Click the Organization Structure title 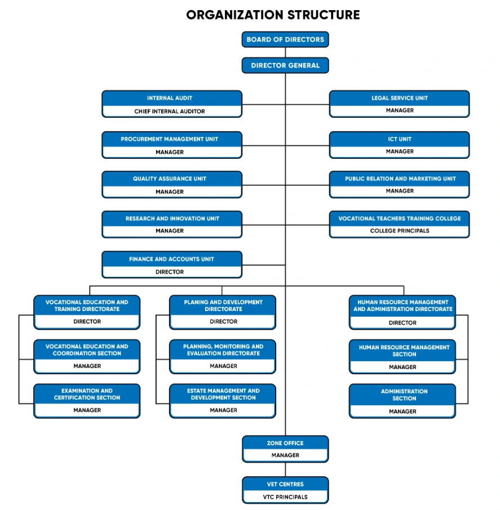click(273, 15)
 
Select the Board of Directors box click(285, 39)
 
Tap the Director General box click(285, 65)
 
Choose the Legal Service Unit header click(399, 98)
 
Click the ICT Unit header click(399, 139)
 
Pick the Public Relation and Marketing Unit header click(399, 179)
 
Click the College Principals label click(399, 231)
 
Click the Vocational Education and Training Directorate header click(87, 305)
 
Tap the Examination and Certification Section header click(87, 394)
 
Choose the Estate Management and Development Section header click(223, 394)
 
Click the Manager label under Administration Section click(402, 412)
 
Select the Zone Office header click(285, 444)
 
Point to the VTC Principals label click(285, 497)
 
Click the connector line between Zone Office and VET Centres click(285, 469)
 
